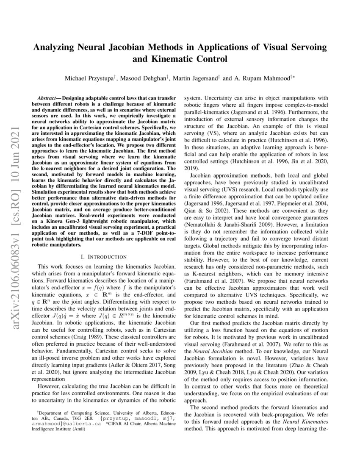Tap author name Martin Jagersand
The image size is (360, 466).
pos(196,79)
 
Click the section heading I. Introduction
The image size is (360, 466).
pos(103,257)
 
